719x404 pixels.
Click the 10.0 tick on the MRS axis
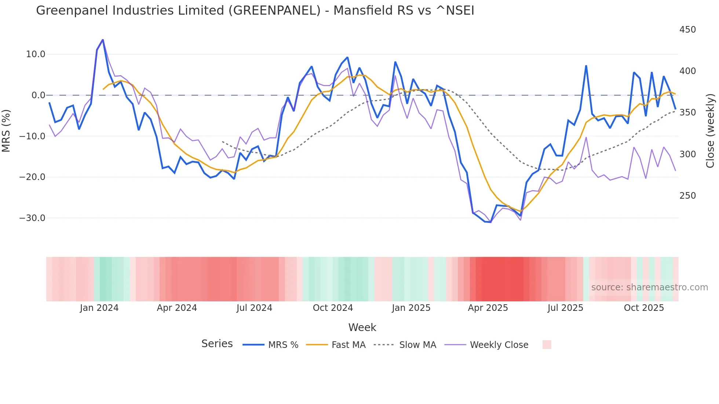click(x=36, y=54)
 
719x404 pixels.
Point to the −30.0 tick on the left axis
click(x=32, y=218)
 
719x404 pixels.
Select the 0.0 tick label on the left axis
click(x=39, y=95)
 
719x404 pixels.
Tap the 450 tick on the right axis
click(x=687, y=30)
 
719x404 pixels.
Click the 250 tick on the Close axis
click(x=687, y=196)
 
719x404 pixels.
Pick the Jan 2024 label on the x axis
click(x=99, y=308)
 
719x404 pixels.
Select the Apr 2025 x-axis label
click(x=488, y=308)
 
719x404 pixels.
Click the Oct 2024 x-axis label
click(x=333, y=308)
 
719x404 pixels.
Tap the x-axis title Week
click(x=362, y=327)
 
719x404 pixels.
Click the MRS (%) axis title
click(x=6, y=131)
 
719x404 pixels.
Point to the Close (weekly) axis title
click(x=711, y=131)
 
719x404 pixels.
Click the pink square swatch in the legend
click(x=547, y=345)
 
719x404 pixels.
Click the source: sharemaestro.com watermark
click(x=649, y=287)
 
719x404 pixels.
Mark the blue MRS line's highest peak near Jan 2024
click(x=103, y=40)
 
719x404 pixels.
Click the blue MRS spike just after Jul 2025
click(x=586, y=66)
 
